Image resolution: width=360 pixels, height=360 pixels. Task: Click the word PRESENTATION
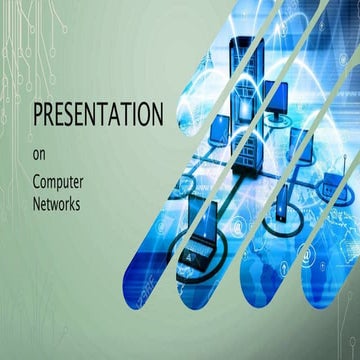[97, 115]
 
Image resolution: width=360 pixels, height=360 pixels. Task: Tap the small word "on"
[41, 154]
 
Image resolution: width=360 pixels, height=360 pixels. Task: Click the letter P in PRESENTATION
[39, 115]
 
